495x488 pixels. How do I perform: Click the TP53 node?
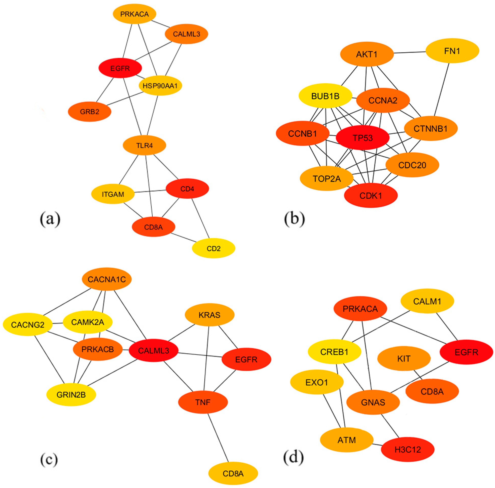363,138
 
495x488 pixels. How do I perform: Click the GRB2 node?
89,112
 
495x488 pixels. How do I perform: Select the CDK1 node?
371,196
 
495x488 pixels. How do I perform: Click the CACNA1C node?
107,279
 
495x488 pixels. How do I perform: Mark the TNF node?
203,402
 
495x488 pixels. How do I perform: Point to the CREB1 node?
334,352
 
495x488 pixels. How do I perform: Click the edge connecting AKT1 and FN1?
409,53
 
